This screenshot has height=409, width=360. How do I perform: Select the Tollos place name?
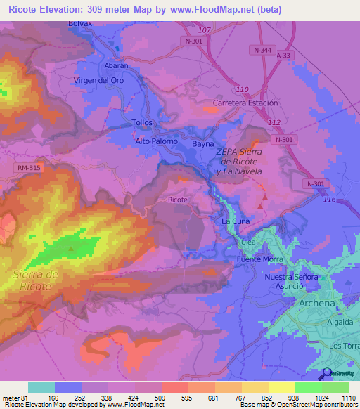[142, 122]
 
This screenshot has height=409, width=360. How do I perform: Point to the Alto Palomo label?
[156, 141]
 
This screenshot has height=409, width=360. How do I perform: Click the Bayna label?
[203, 143]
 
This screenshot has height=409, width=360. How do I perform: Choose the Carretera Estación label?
[245, 103]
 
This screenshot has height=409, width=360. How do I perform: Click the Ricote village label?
[178, 200]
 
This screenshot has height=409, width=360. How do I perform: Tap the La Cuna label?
[236, 221]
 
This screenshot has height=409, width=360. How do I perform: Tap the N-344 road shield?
[262, 49]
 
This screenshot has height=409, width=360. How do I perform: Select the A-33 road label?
[283, 55]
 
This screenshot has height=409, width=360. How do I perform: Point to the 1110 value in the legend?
[349, 398]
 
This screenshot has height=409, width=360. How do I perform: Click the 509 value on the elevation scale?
[161, 398]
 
